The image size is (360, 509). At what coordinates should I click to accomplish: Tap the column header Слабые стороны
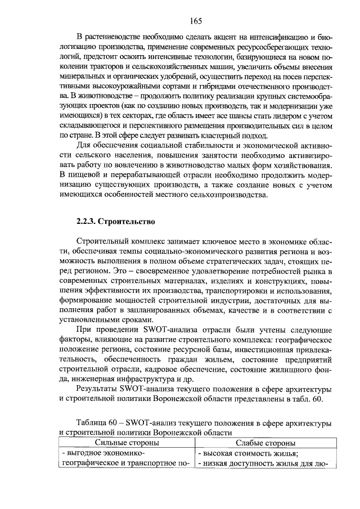pyautogui.click(x=265, y=444)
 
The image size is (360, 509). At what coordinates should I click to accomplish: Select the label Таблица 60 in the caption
pyautogui.click(x=99, y=422)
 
